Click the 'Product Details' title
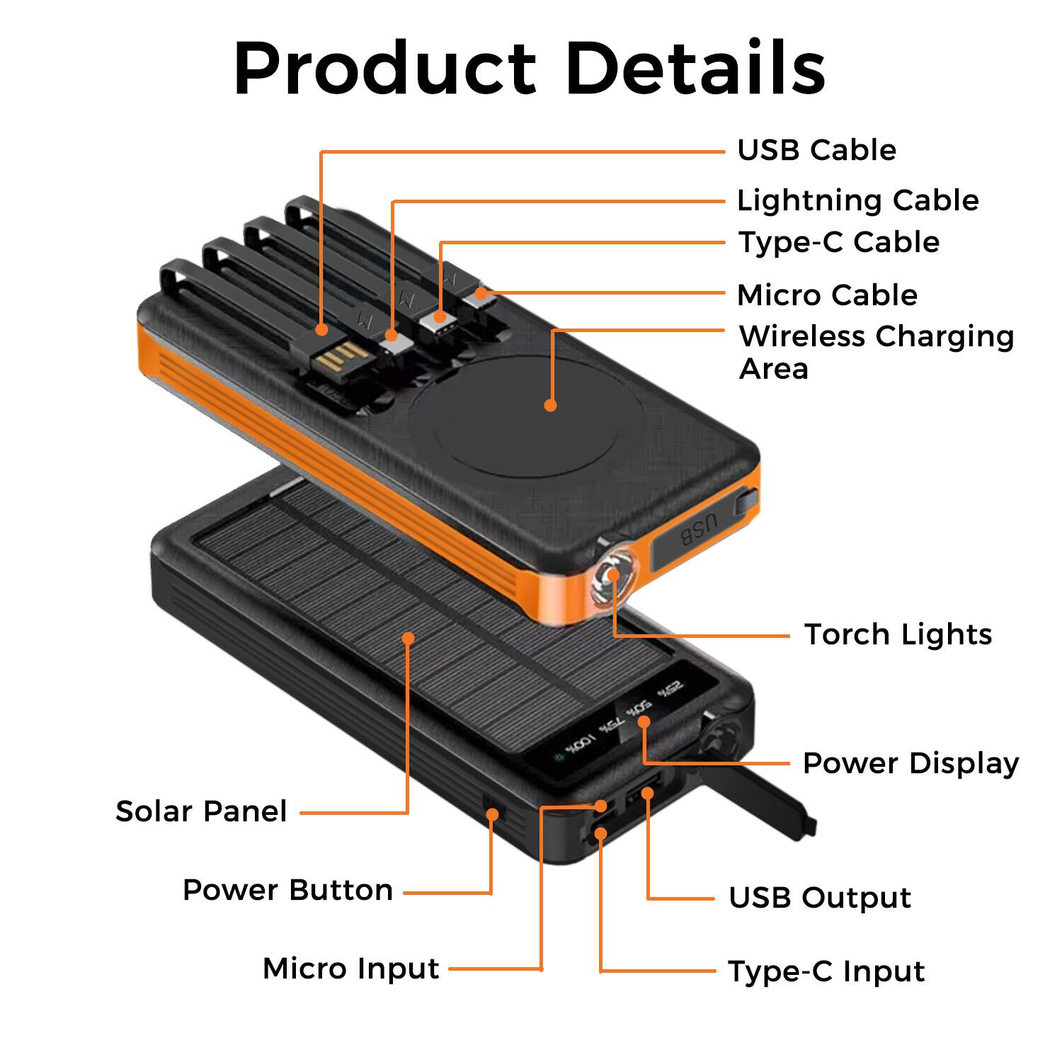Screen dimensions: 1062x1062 pyautogui.click(x=530, y=69)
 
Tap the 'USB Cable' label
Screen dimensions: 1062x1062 pyautogui.click(x=816, y=150)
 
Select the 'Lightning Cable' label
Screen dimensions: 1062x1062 pyautogui.click(x=857, y=200)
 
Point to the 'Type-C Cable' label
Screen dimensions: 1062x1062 pyautogui.click(x=838, y=242)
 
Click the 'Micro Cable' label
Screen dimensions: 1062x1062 pyautogui.click(x=827, y=295)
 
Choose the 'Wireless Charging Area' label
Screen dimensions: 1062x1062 pyautogui.click(x=876, y=352)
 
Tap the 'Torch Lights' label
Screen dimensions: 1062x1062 pyautogui.click(x=898, y=634)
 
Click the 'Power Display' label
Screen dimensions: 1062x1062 pyautogui.click(x=910, y=763)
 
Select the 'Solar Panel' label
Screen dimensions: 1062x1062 pyautogui.click(x=201, y=811)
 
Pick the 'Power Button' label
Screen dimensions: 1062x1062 pyautogui.click(x=287, y=890)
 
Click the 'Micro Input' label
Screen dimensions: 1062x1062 pyautogui.click(x=350, y=968)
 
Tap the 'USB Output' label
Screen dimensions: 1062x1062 pyautogui.click(x=820, y=898)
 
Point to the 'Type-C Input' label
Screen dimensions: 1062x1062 pyautogui.click(x=826, y=971)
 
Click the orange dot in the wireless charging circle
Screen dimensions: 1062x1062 pyautogui.click(x=550, y=405)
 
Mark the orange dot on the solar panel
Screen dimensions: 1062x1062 pyautogui.click(x=408, y=638)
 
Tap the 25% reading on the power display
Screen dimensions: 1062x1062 pyautogui.click(x=670, y=689)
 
